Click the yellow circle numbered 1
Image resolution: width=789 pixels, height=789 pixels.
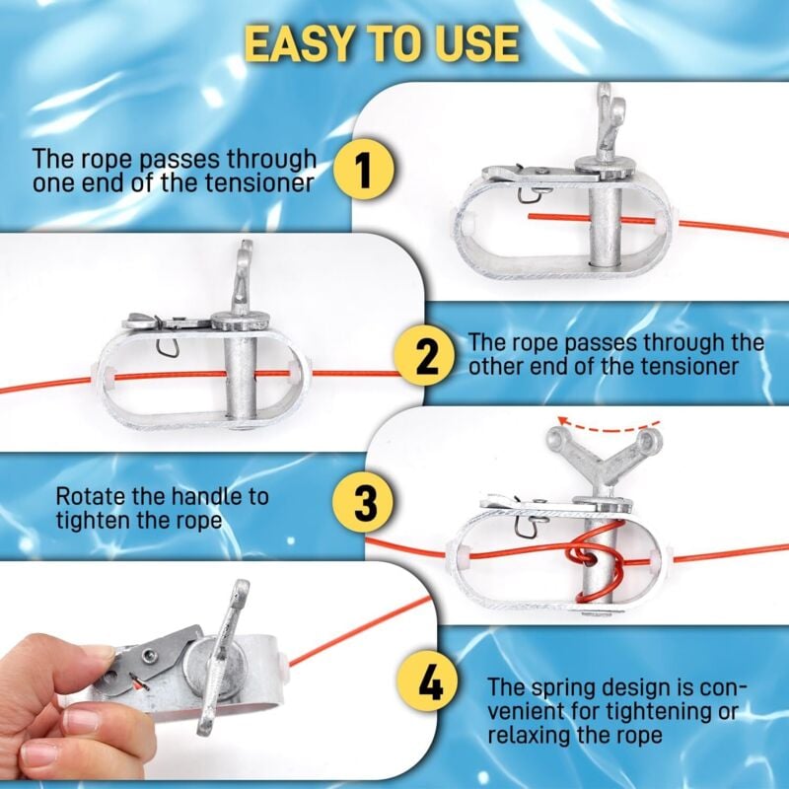(x=363, y=170)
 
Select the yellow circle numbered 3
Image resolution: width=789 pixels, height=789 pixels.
(x=364, y=503)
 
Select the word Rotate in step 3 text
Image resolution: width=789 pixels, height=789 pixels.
(x=90, y=496)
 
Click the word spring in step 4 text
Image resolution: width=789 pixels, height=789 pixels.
(x=565, y=688)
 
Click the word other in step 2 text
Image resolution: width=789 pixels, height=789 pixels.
(x=497, y=366)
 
